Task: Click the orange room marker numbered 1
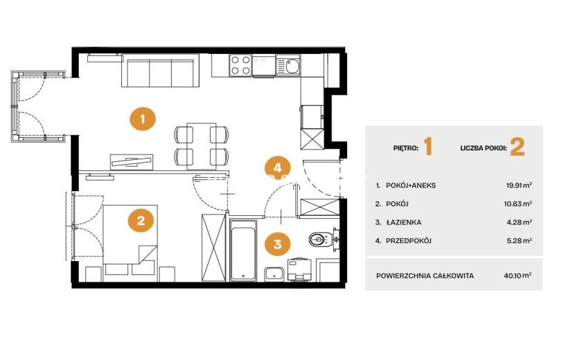(x=143, y=119)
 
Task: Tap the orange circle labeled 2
(x=141, y=221)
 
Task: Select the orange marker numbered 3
(x=278, y=244)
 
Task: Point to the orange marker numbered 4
(x=278, y=168)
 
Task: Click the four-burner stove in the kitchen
(x=240, y=65)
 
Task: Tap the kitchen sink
(x=288, y=66)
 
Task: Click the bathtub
(x=243, y=251)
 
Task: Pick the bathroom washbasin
(x=274, y=274)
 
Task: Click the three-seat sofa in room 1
(x=160, y=71)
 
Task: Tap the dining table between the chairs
(x=201, y=146)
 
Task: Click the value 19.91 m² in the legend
(x=519, y=185)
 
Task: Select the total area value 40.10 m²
(x=517, y=276)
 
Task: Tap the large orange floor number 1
(x=428, y=147)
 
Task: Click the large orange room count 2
(x=517, y=147)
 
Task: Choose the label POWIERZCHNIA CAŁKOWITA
(x=425, y=276)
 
